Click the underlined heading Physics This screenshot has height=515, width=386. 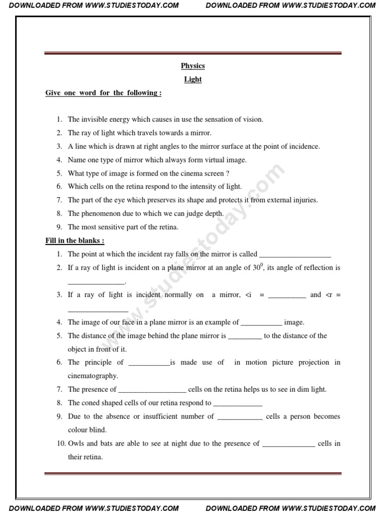coord(192,66)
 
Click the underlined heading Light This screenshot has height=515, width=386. coord(192,79)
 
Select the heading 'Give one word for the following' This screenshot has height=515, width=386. coord(103,93)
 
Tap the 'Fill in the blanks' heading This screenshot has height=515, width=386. coord(75,240)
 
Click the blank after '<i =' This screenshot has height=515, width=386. coord(287,295)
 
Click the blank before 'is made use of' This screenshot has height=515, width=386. coord(149,363)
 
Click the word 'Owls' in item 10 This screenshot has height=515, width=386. coord(76,444)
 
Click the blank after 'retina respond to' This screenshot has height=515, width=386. coord(238,403)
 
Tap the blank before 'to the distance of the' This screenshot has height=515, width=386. coord(245,336)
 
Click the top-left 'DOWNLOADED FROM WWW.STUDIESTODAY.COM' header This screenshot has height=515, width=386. coord(94,6)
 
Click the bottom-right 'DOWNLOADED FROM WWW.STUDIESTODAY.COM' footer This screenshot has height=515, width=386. coord(291,508)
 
